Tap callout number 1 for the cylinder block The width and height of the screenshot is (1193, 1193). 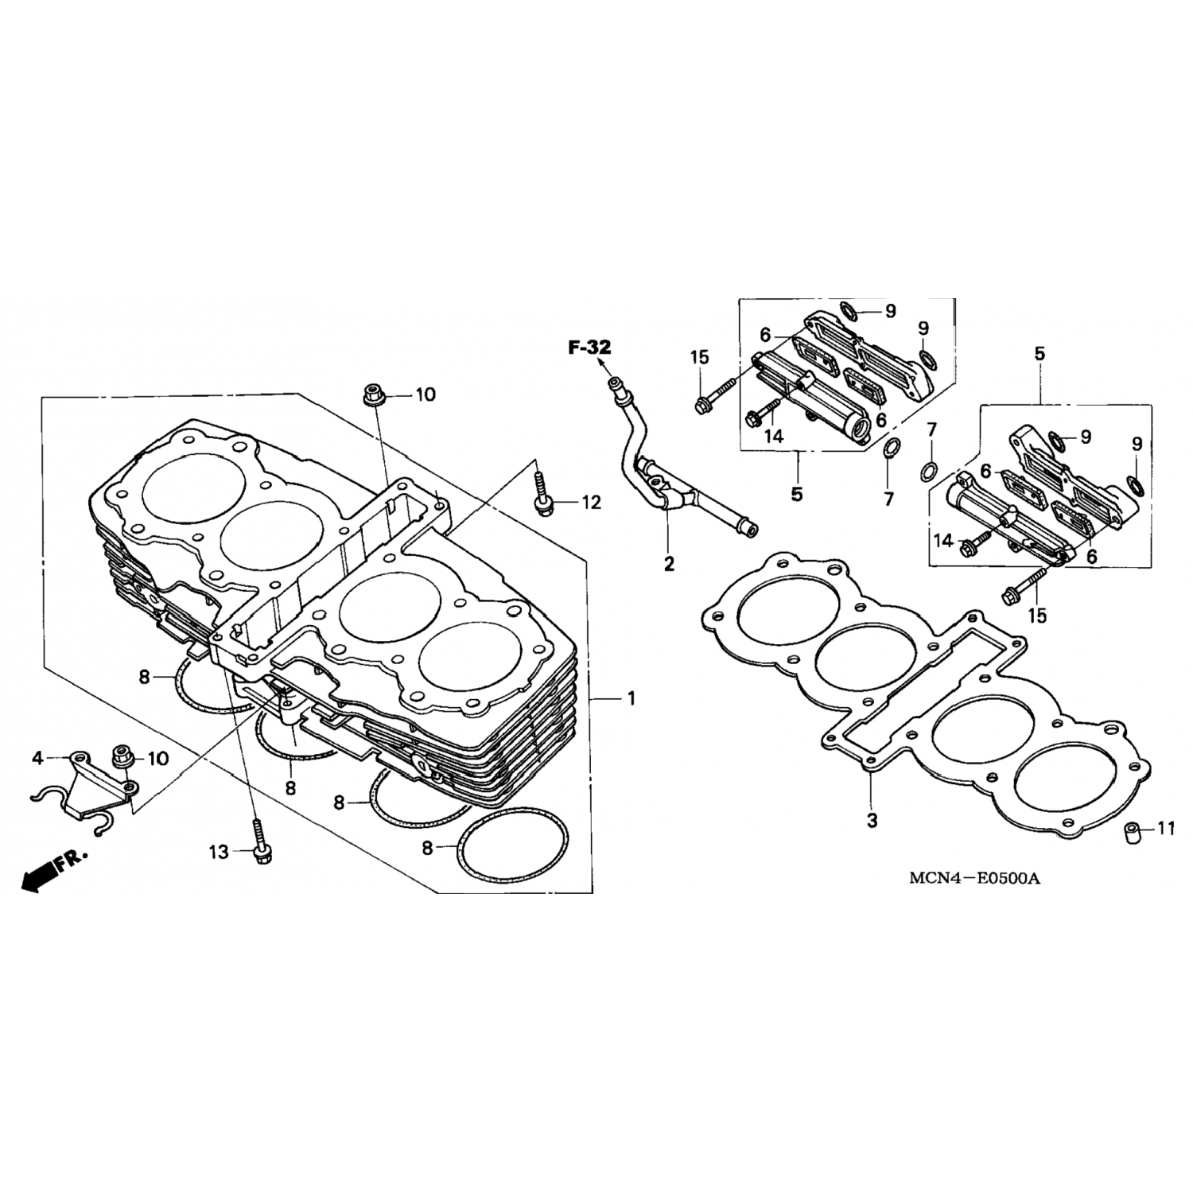(x=631, y=698)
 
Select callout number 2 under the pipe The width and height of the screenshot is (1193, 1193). (x=669, y=564)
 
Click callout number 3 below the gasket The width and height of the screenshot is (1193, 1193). (x=872, y=820)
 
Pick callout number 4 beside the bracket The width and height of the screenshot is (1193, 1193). (x=37, y=758)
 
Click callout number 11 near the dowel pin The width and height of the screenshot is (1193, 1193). (x=1165, y=830)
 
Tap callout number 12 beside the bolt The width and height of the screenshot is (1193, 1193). (x=592, y=503)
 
